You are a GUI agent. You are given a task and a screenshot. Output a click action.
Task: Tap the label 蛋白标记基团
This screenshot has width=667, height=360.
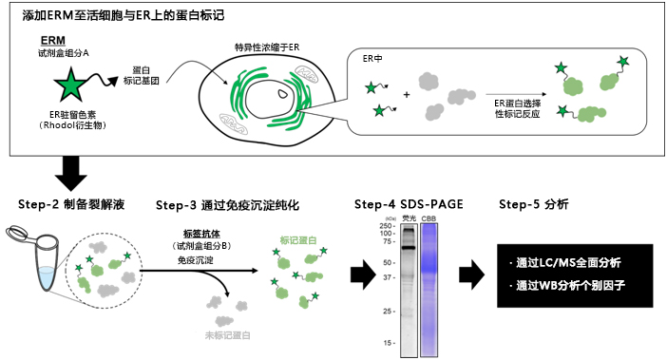click(142, 74)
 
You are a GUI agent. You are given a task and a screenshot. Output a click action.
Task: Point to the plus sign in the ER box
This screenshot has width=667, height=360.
click(408, 95)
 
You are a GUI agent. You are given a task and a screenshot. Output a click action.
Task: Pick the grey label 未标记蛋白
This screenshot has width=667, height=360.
click(229, 335)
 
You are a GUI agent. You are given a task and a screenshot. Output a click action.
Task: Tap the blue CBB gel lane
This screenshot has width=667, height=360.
click(430, 285)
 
